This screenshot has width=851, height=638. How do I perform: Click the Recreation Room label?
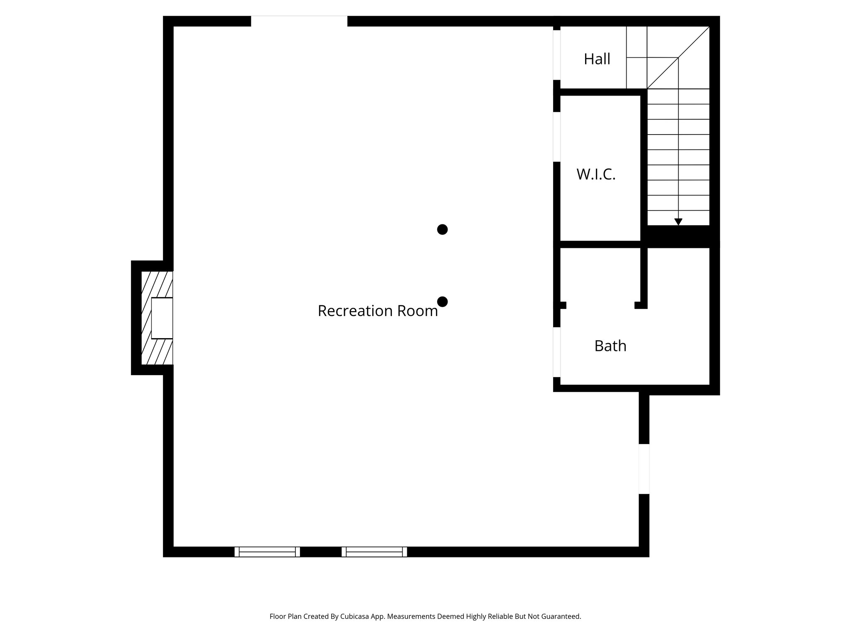(x=377, y=311)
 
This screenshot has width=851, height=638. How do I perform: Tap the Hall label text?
(x=597, y=59)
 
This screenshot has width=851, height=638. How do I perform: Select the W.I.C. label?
(x=595, y=174)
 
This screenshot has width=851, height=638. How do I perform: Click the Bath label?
(x=610, y=346)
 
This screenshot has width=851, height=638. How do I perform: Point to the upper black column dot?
(x=442, y=229)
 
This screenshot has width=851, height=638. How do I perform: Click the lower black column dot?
(x=442, y=302)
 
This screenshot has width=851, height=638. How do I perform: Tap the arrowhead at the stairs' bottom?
(x=678, y=222)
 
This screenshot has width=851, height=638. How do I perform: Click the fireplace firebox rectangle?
(x=162, y=318)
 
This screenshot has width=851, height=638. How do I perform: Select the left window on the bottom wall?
(x=267, y=552)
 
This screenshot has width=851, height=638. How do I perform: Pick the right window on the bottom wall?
(x=374, y=552)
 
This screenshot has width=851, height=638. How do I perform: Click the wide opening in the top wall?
(x=299, y=21)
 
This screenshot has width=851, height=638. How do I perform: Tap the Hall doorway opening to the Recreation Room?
(x=556, y=55)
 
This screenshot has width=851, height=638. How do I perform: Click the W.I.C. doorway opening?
(x=556, y=137)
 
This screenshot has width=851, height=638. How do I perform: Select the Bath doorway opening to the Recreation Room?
(x=556, y=352)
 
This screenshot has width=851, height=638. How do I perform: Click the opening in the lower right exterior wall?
(x=644, y=469)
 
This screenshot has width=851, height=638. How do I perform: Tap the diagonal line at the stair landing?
(x=678, y=58)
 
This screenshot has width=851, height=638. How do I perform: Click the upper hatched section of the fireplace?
(x=157, y=284)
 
